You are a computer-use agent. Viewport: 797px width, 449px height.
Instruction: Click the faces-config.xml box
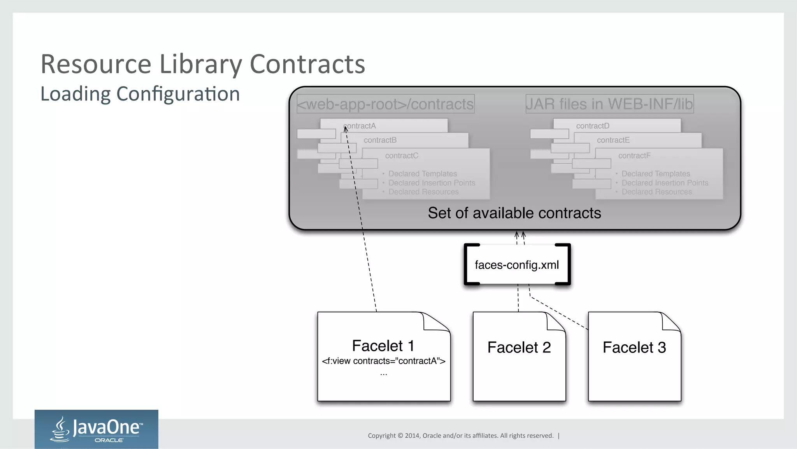[517, 265]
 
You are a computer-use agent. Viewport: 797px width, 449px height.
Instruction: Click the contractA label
[360, 126]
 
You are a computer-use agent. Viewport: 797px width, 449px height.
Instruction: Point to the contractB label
[380, 140]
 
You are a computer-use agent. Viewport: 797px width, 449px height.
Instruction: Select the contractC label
[402, 156]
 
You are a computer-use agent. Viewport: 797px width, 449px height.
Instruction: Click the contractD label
[593, 126]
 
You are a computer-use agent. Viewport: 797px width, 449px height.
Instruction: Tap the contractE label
[613, 140]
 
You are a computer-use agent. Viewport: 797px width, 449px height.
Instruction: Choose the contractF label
[634, 156]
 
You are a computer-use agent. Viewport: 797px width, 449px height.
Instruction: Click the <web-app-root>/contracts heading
[385, 104]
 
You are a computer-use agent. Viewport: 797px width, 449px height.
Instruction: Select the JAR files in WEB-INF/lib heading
[609, 104]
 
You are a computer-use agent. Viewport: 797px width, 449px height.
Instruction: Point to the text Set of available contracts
[514, 213]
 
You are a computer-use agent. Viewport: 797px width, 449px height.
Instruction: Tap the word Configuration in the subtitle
[178, 94]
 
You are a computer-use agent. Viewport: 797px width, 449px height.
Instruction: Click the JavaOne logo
[97, 429]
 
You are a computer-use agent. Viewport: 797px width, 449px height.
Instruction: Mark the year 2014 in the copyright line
[412, 436]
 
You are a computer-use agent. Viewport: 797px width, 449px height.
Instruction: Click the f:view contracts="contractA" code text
[384, 361]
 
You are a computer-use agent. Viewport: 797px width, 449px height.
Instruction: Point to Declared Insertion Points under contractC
[432, 183]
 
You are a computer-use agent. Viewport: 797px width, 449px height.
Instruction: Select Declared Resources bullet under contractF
[657, 192]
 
